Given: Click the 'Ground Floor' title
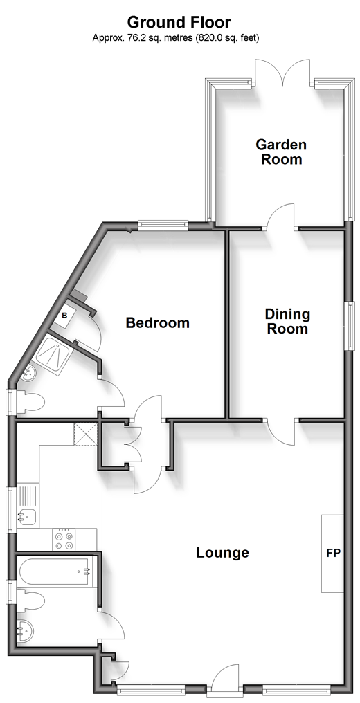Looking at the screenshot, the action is click(179, 22).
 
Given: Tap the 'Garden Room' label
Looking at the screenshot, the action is click(281, 152).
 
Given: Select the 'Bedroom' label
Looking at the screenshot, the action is click(157, 323).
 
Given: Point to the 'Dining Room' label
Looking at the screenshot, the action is click(287, 322).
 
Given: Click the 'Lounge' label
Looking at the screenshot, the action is click(222, 553).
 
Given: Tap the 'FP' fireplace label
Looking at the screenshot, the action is click(333, 554).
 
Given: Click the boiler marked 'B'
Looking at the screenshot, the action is click(64, 316).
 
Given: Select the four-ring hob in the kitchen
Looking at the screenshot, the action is click(64, 540).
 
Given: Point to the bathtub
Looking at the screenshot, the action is click(56, 572).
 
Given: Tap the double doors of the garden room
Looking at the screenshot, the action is click(282, 72).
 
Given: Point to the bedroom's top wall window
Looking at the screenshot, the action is click(163, 226).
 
